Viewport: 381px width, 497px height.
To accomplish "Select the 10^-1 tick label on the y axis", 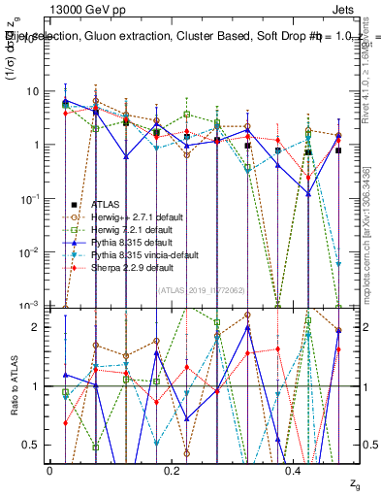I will point(27,198).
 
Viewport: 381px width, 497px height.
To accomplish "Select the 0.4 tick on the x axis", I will point(292,469).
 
